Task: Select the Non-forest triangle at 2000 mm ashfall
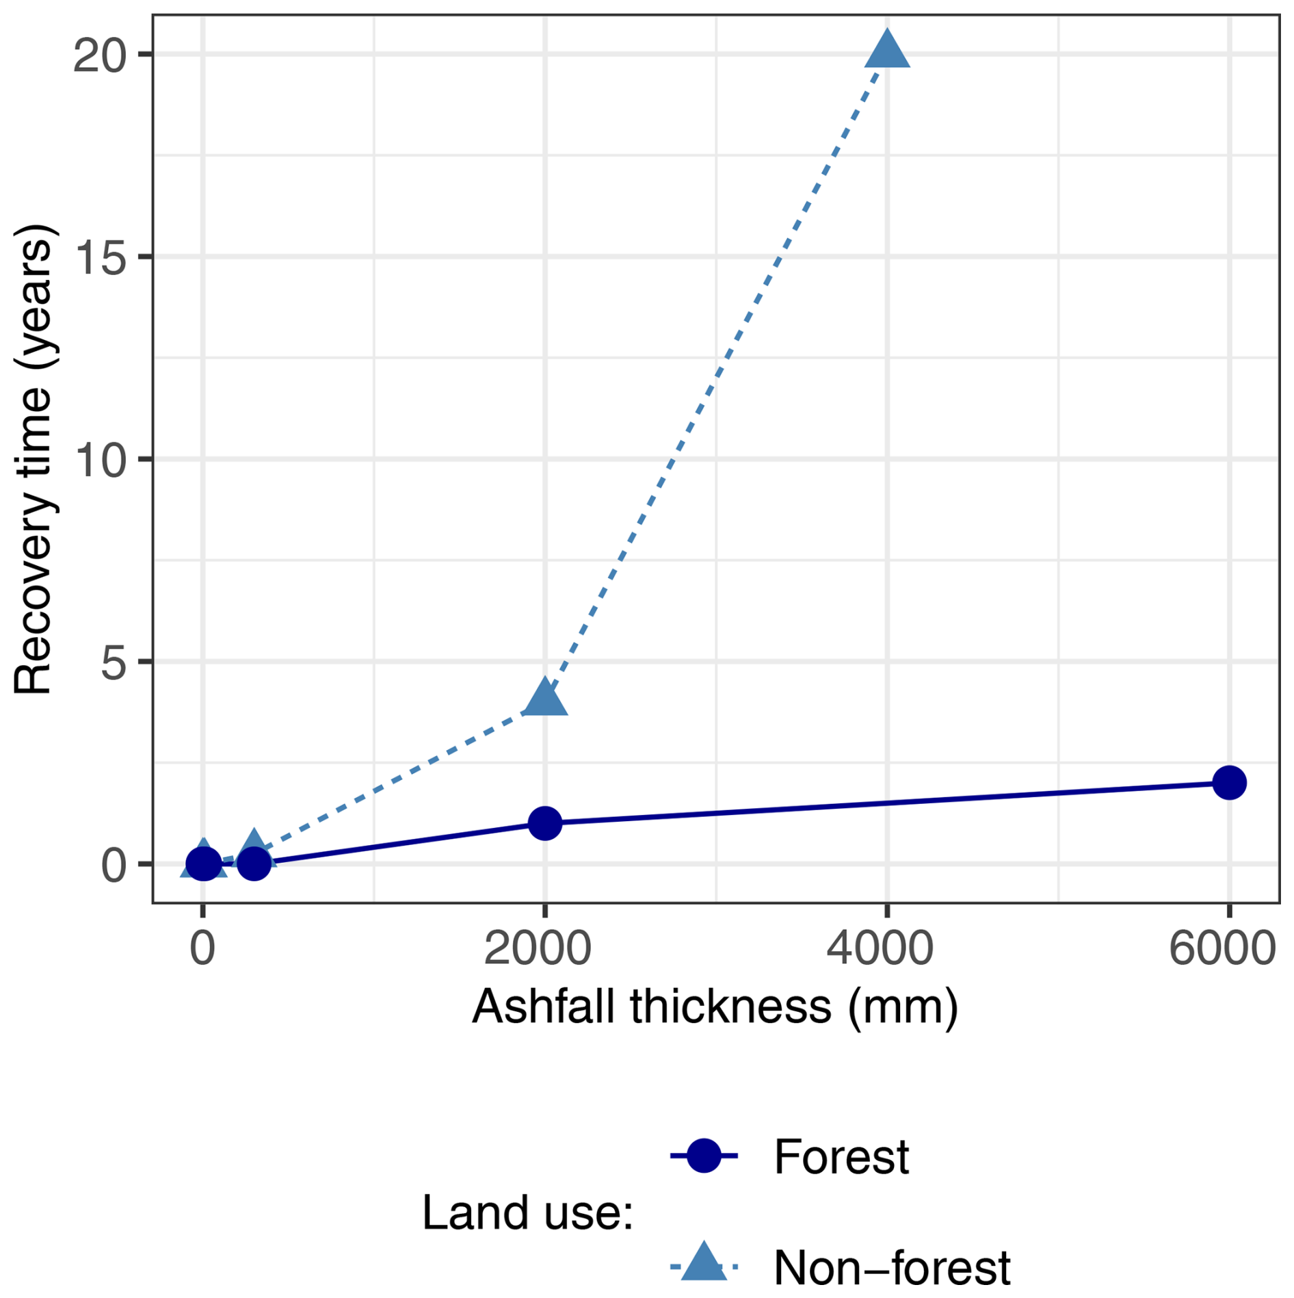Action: tap(544, 699)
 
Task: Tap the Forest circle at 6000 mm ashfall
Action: tap(1228, 782)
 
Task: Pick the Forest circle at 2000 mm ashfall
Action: tap(544, 822)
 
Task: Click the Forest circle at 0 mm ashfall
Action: tap(202, 864)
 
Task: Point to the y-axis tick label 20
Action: tap(100, 55)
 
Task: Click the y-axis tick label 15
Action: tap(100, 257)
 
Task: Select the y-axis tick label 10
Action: tap(100, 459)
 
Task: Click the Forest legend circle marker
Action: tap(703, 1156)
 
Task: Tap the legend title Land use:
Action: tap(527, 1212)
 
